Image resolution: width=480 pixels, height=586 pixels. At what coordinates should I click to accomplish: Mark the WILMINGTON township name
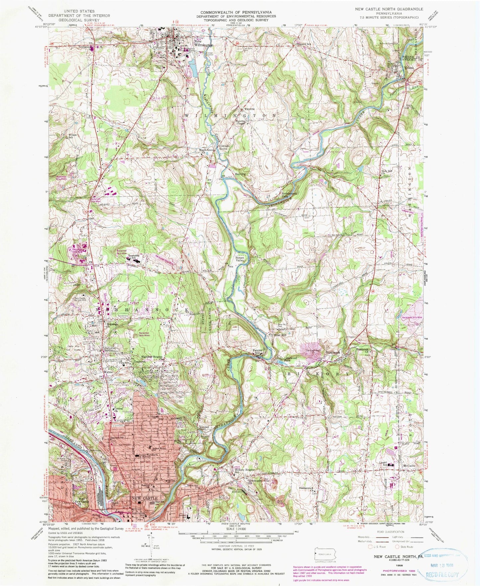coord(230,115)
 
